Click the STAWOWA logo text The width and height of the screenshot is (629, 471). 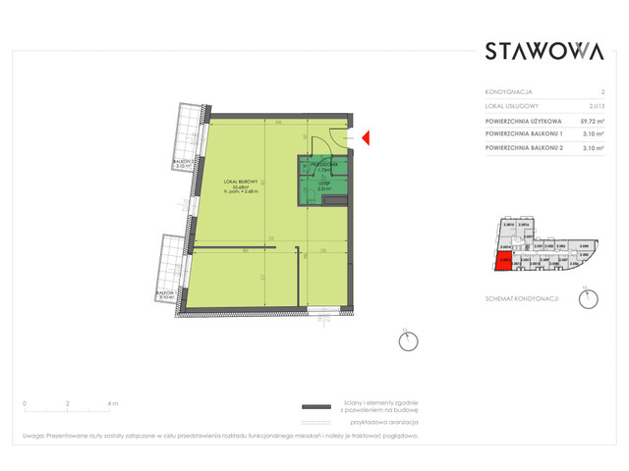[x=543, y=52]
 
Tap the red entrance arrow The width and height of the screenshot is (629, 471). [x=363, y=140]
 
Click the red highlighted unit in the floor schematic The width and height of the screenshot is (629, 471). [x=502, y=261]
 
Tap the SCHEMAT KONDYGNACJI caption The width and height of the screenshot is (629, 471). [x=522, y=297]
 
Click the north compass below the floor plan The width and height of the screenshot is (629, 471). [x=407, y=341]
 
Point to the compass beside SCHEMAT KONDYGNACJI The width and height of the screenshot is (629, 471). [x=588, y=298]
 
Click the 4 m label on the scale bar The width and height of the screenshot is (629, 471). [x=113, y=403]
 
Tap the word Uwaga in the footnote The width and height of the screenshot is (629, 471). [x=35, y=437]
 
